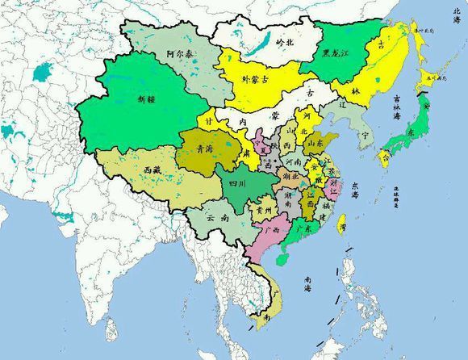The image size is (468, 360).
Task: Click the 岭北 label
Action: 286,41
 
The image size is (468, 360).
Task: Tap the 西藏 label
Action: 153,170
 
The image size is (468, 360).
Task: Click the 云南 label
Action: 217,218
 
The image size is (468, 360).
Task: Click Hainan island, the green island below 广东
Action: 282,259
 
